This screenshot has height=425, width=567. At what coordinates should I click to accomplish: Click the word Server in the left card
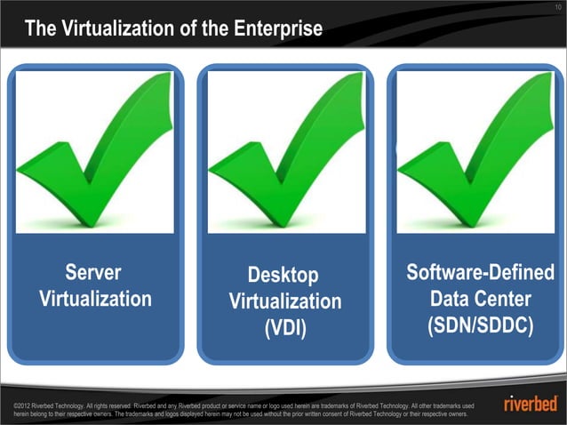[x=93, y=272]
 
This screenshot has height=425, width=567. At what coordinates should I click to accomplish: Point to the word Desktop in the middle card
[x=283, y=276]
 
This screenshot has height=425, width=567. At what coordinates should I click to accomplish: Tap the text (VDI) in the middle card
[x=284, y=328]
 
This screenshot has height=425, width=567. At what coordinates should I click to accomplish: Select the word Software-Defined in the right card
[x=480, y=272]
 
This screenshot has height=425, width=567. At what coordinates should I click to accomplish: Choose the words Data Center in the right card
[x=480, y=299]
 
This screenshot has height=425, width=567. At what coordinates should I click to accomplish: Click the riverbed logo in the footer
[x=531, y=405]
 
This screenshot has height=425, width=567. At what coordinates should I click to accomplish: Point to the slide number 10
[x=556, y=8]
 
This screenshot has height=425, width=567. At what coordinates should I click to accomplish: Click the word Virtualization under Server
[x=95, y=299]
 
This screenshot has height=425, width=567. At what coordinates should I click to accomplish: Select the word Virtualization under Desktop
[x=285, y=302]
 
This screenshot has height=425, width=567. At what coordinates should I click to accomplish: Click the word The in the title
[x=41, y=29]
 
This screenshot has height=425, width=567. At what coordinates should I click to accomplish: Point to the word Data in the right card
[x=451, y=299]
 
